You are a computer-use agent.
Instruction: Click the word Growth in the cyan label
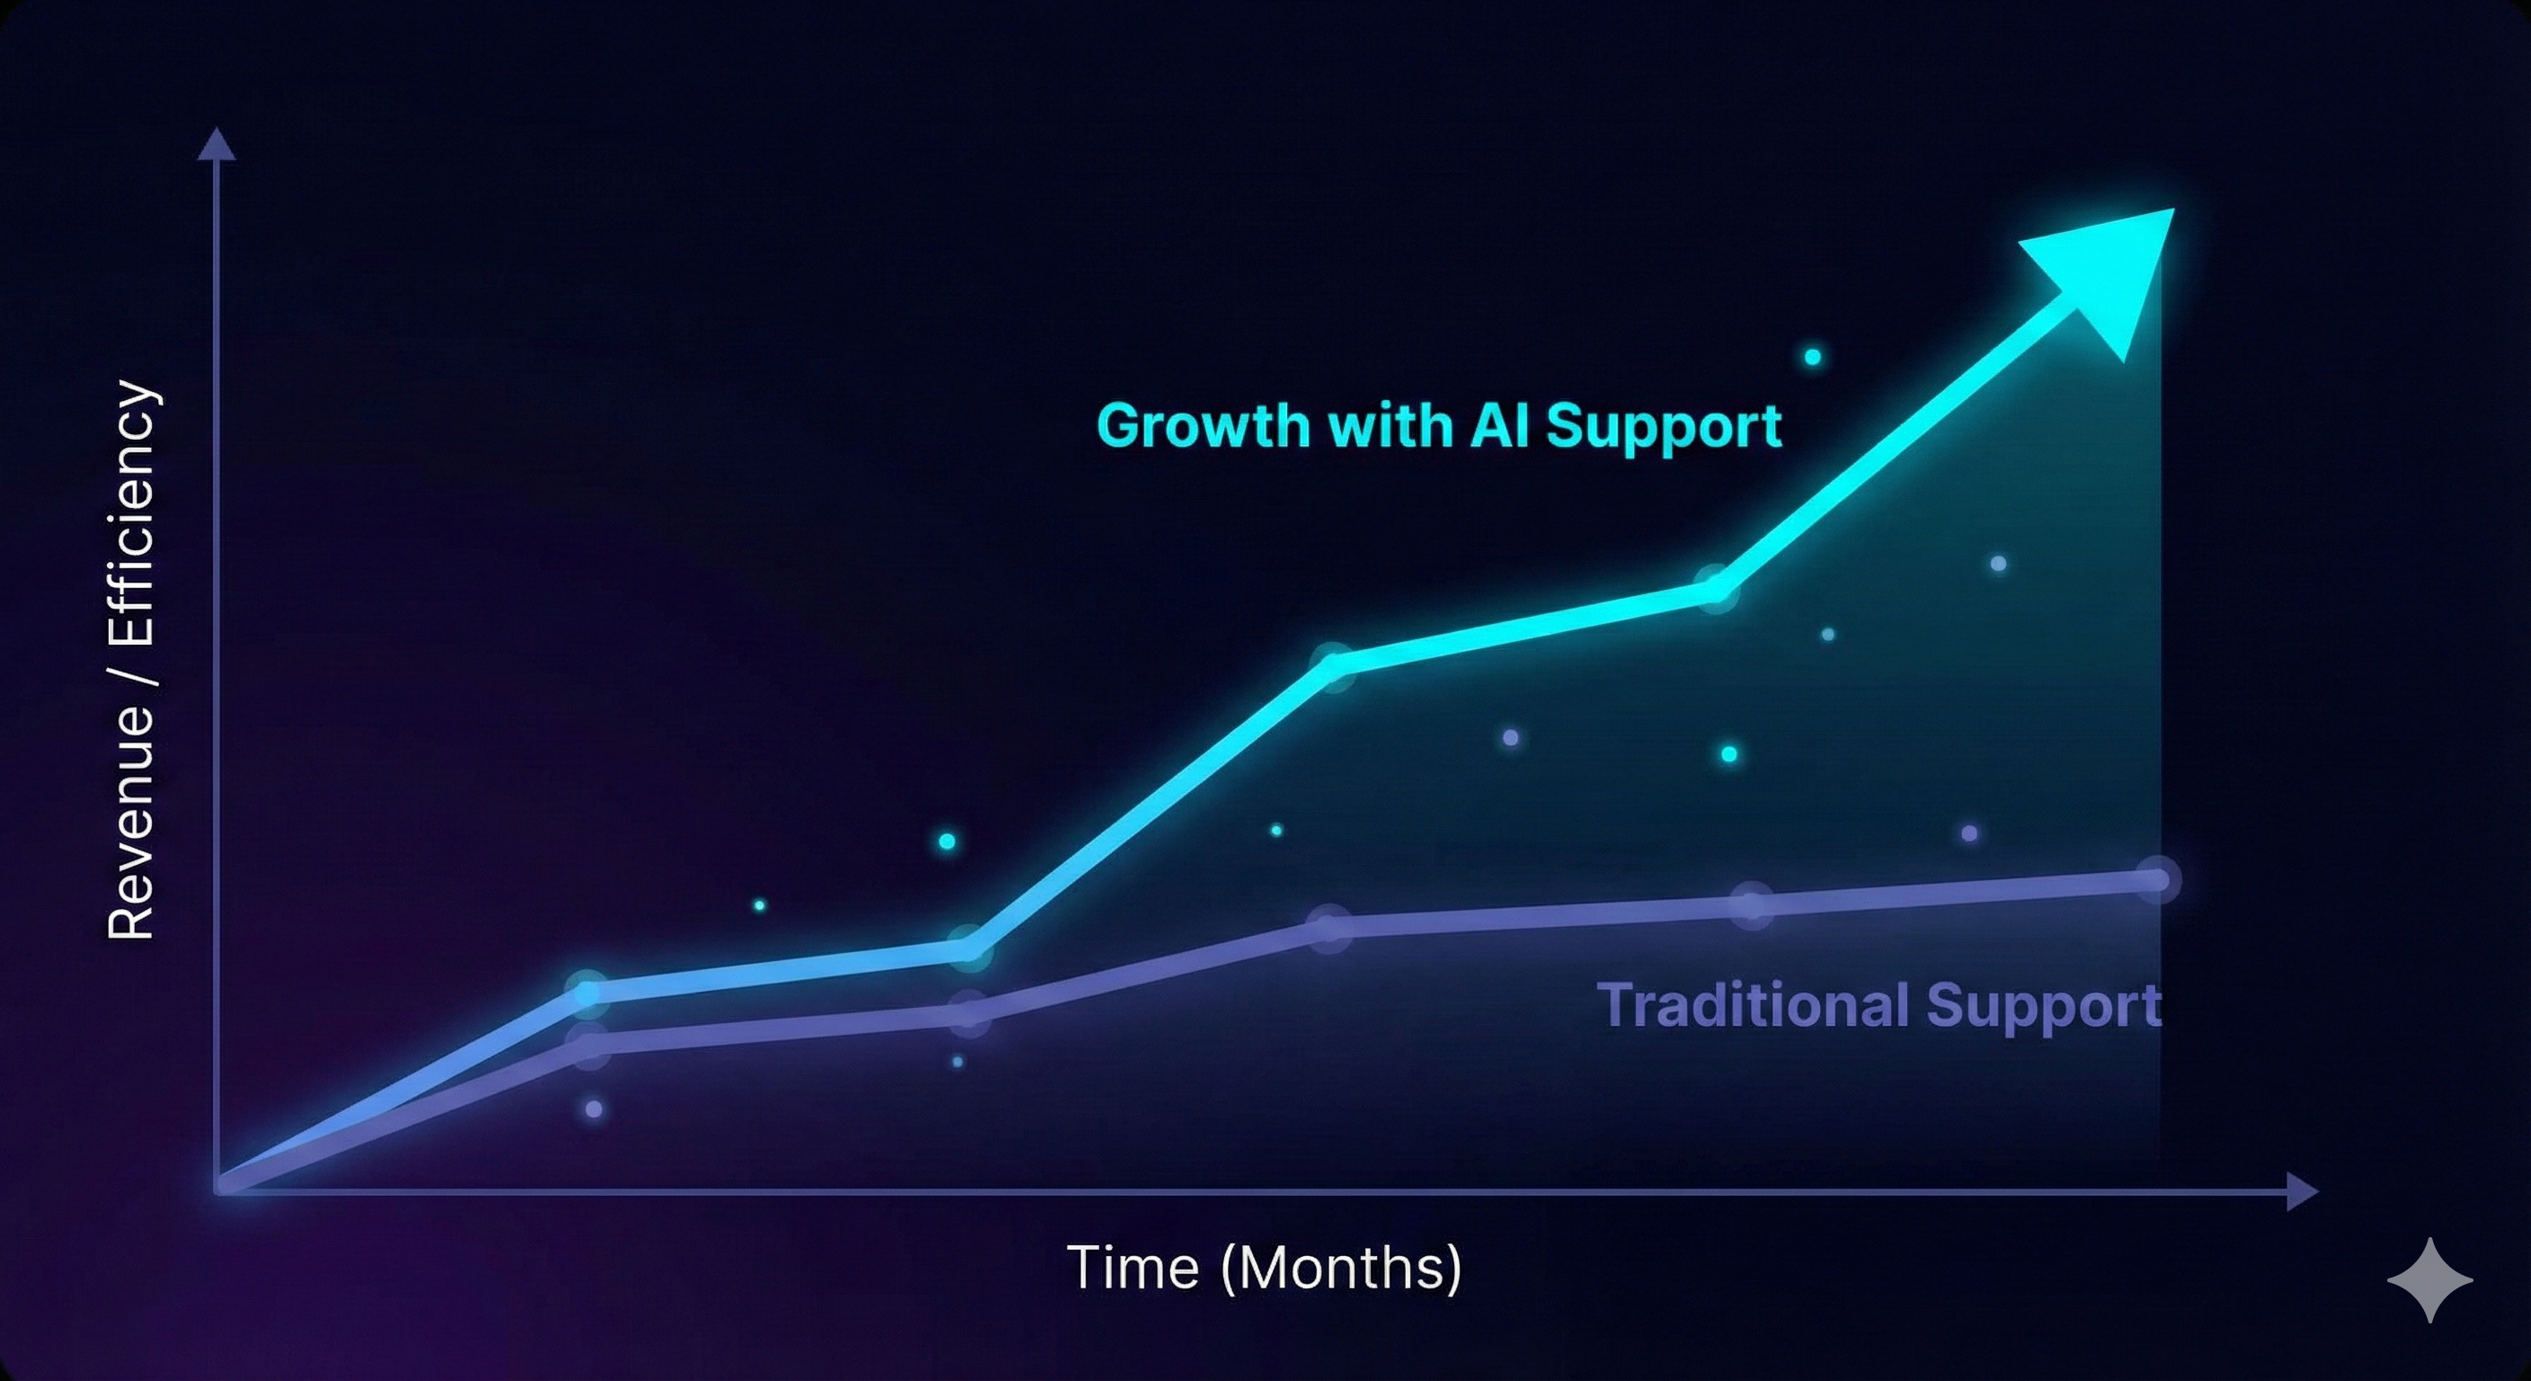click(x=1203, y=426)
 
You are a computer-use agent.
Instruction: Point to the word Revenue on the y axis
click(x=130, y=821)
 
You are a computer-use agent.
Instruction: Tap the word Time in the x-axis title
click(x=1132, y=1267)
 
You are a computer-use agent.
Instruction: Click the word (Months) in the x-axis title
click(x=1340, y=1267)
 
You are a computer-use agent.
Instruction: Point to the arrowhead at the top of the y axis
click(x=216, y=145)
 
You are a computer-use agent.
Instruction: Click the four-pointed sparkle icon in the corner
click(x=2429, y=1279)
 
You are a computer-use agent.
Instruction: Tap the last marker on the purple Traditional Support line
click(x=2155, y=879)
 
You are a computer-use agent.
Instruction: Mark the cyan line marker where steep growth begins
click(x=968, y=949)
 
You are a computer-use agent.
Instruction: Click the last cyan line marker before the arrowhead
click(x=1716, y=589)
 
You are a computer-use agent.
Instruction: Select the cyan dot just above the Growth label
click(x=1813, y=357)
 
